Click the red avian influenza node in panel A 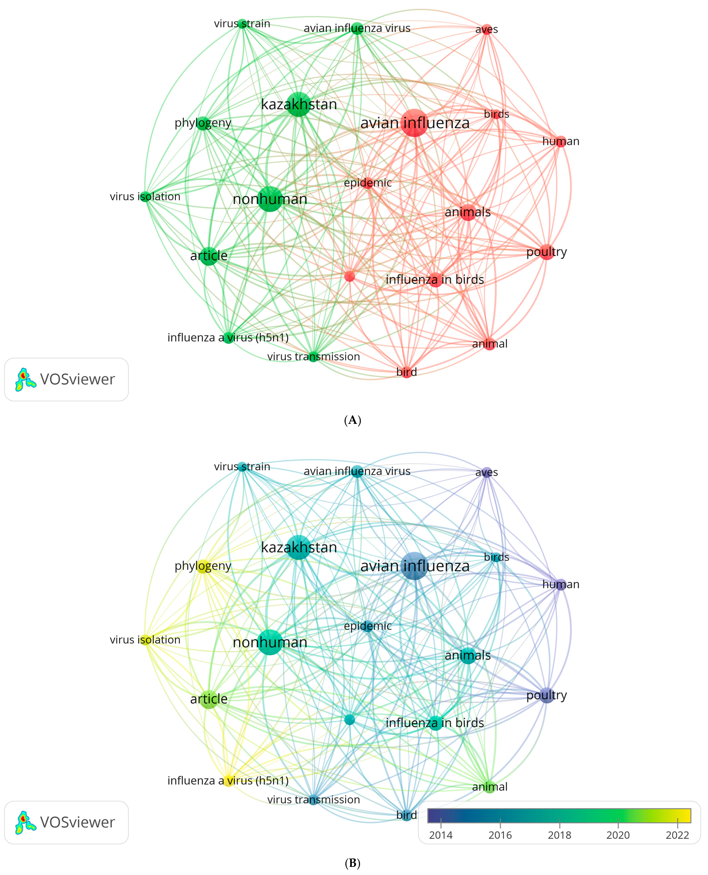click(x=414, y=123)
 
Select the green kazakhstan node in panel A click(x=299, y=104)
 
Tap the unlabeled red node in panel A click(x=350, y=277)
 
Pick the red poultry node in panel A click(x=546, y=252)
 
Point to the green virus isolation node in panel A click(x=145, y=197)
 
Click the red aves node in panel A click(x=487, y=29)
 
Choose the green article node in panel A click(x=209, y=256)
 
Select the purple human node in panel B click(x=561, y=584)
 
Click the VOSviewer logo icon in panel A click(x=25, y=379)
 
